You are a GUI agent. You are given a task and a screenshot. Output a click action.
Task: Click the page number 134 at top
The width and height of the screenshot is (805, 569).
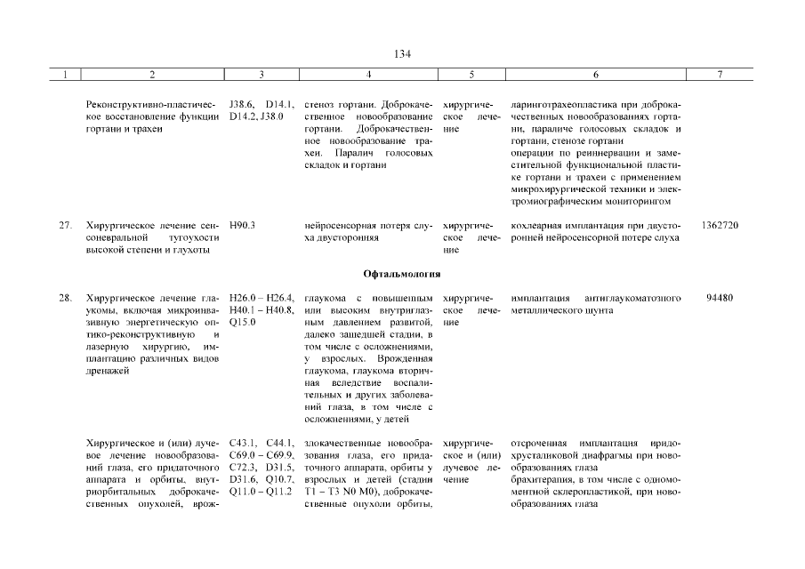click(402, 53)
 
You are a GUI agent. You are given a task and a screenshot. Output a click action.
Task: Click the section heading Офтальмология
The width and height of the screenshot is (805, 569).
click(402, 273)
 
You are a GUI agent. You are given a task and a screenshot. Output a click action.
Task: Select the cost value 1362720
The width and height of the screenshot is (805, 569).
click(720, 226)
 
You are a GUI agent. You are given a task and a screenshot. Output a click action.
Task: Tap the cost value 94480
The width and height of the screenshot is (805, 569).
click(720, 298)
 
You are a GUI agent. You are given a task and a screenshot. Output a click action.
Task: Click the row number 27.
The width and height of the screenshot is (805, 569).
click(65, 226)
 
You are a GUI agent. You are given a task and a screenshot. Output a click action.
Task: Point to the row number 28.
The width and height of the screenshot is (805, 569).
click(65, 298)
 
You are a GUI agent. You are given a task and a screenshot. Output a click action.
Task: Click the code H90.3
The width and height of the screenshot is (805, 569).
click(242, 226)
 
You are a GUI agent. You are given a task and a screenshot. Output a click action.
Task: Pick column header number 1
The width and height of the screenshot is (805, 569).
click(65, 76)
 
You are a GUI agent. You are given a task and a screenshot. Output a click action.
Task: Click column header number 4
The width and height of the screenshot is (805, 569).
click(368, 76)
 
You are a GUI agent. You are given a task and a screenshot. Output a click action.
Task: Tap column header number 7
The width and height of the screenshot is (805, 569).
click(720, 76)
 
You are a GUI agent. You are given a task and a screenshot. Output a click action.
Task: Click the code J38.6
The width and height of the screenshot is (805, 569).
click(241, 104)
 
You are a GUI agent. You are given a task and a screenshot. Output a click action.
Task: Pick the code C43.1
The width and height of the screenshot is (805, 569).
click(243, 443)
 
